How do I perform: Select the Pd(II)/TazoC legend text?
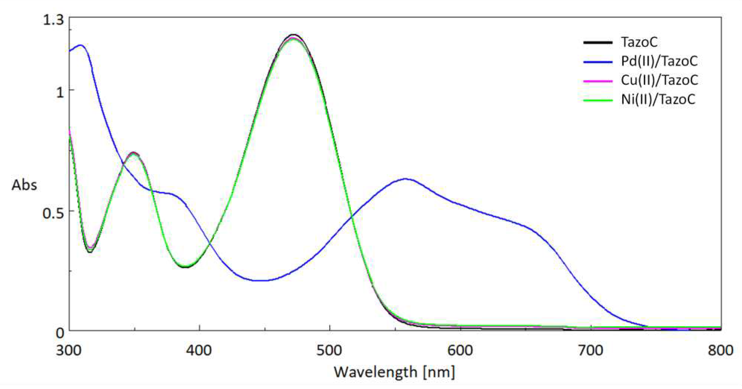659,61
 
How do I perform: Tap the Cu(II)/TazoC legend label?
659,80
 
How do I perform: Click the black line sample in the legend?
598,43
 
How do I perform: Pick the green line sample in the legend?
598,100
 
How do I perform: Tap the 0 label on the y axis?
60,333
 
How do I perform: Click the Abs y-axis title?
24,185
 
